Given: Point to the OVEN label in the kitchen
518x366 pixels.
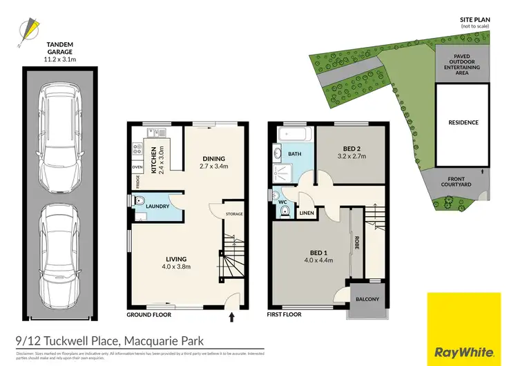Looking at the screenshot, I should point(137,166).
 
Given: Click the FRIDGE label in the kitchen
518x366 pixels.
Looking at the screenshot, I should point(137,182).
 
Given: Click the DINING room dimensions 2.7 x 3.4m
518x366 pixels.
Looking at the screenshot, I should point(213,166).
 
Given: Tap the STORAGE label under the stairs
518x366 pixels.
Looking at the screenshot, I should point(234,214).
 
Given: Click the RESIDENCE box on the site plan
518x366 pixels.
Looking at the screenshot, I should point(463,123).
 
